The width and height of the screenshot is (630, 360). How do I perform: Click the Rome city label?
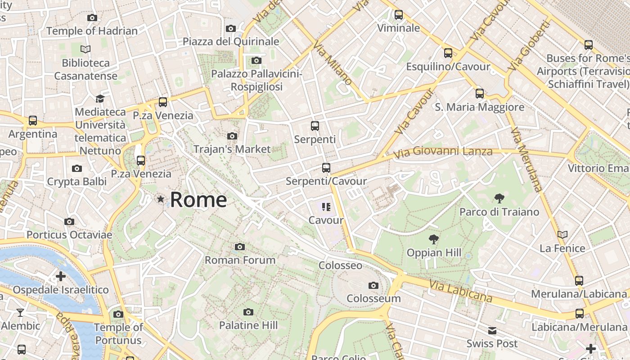198,199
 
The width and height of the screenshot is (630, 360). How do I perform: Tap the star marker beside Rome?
160,199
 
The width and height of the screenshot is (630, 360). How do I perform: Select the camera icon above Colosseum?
373,285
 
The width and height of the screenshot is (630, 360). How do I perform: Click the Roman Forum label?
240,260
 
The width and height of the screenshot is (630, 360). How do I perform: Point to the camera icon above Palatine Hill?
248,312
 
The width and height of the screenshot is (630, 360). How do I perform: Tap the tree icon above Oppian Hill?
434,239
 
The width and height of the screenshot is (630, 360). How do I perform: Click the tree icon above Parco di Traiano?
499,198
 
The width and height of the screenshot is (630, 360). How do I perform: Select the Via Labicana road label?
460,291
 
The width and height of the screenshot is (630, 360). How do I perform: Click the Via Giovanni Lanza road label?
443,152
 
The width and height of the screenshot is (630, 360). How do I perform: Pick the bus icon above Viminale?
398,15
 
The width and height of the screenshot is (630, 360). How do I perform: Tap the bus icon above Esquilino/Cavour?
448,53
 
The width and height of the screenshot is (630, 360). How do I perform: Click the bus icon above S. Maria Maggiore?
480,94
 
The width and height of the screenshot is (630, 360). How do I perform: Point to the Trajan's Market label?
232,149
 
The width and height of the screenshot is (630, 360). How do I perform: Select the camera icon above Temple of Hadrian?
92,18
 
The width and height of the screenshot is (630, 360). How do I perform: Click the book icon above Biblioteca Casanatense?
85,49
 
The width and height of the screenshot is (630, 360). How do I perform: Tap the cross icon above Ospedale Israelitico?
61,276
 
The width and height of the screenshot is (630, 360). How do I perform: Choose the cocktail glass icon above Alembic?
20,312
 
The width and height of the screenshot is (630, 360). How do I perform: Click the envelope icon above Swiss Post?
492,331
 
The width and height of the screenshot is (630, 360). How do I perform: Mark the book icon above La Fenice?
562,234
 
